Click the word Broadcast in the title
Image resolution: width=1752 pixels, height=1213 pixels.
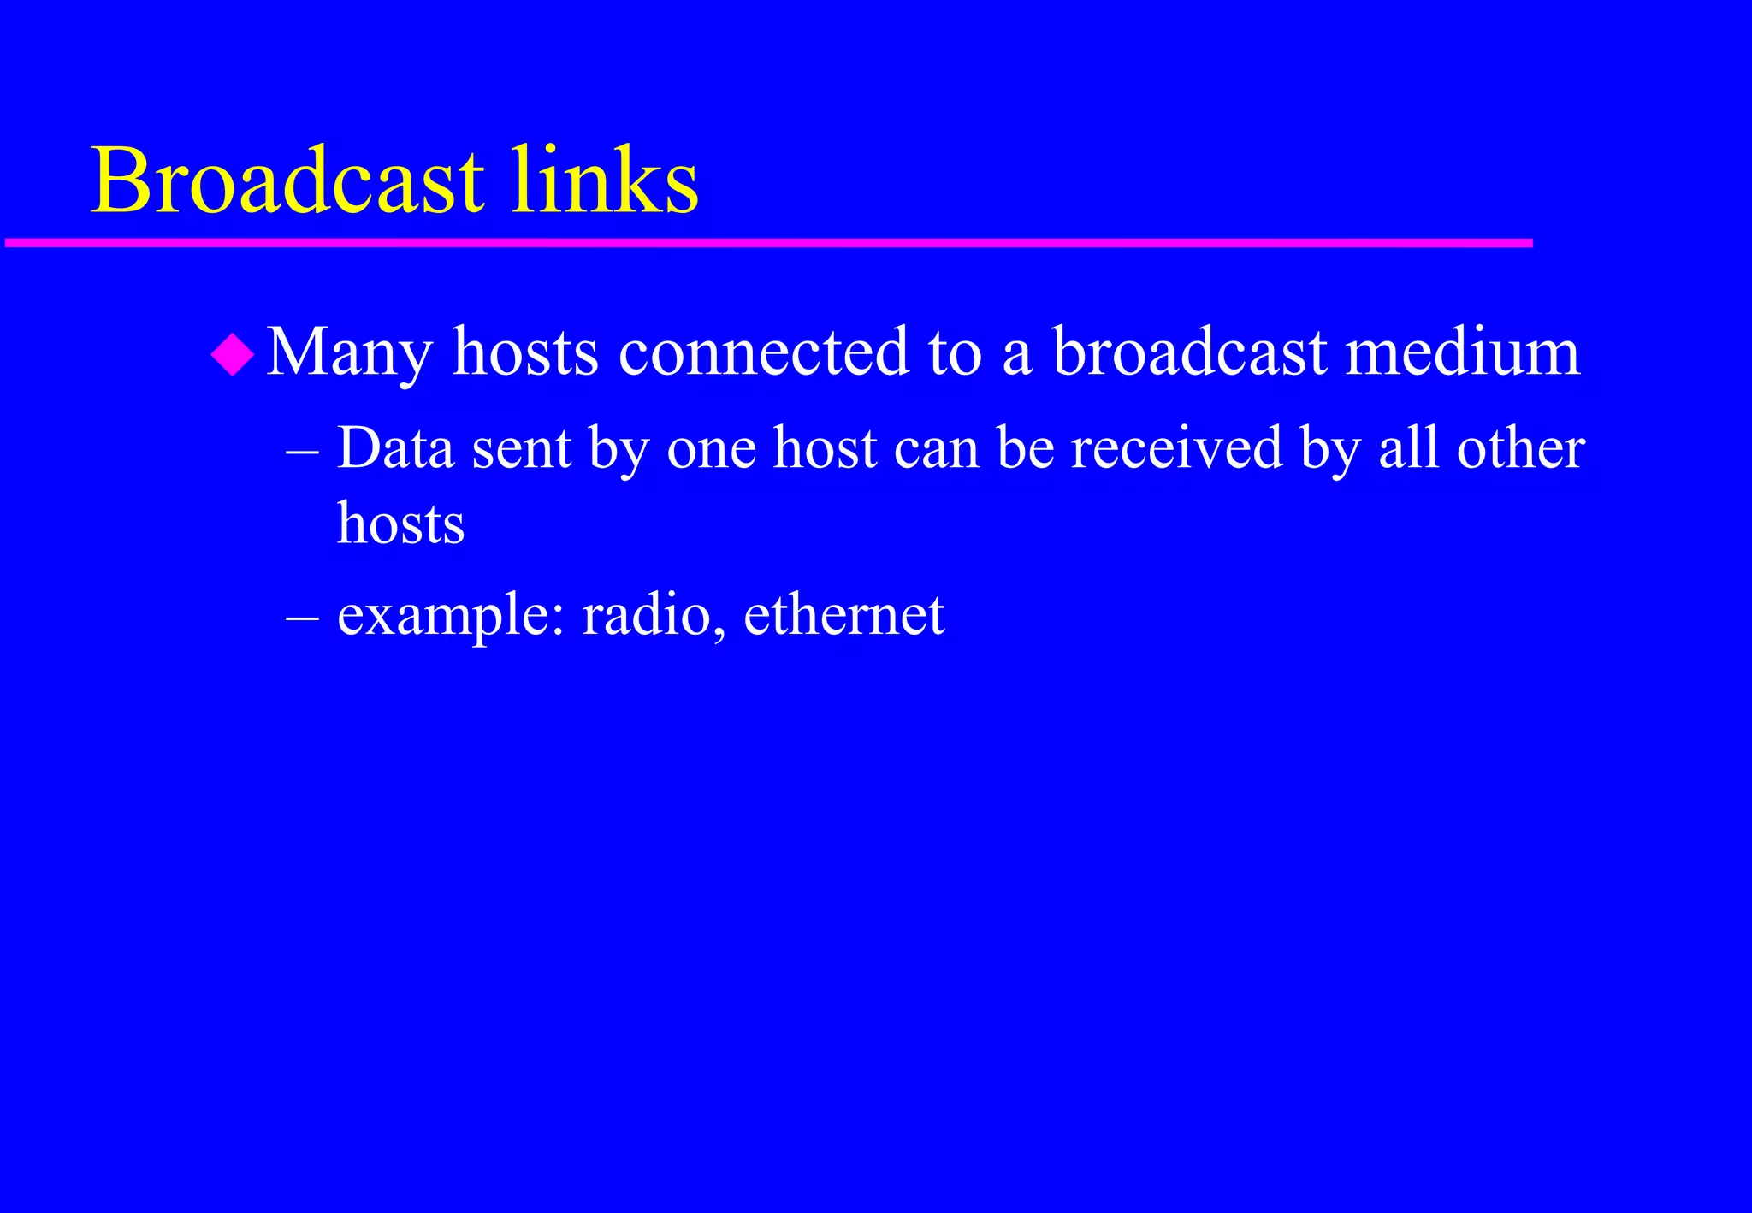[x=287, y=181]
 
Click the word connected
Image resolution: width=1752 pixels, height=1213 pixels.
[x=763, y=352]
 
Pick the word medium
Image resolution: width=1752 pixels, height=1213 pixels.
[x=1462, y=352]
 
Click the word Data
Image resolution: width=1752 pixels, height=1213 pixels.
[x=395, y=448]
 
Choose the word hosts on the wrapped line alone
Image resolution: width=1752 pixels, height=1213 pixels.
[x=400, y=524]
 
